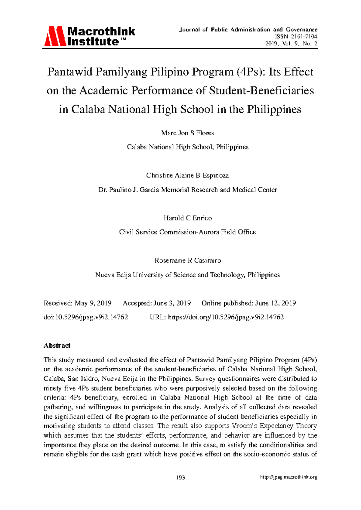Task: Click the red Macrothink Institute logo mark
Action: coord(55,36)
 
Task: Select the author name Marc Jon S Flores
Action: coord(187,133)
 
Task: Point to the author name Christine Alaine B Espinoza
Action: coord(187,175)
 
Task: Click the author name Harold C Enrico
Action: coord(187,218)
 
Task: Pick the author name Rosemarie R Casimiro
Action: coord(187,260)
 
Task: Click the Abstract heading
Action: coord(57,346)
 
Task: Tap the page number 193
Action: coord(180,477)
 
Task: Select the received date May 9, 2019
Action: coord(93,303)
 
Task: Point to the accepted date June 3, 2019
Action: coord(172,303)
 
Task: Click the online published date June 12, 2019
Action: coord(275,303)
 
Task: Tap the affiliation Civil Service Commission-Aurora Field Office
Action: coord(187,232)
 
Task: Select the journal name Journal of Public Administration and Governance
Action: coord(248,29)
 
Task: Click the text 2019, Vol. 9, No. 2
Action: coord(291,44)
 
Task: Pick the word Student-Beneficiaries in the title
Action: coord(261,91)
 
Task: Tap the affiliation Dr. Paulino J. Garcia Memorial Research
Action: coord(187,190)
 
